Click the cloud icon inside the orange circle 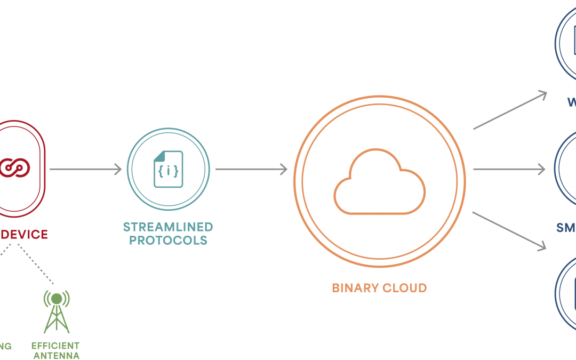click(x=380, y=181)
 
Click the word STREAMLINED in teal click(x=168, y=227)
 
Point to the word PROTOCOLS click(x=168, y=240)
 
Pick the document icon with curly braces click(x=168, y=169)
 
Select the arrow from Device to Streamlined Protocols click(x=85, y=169)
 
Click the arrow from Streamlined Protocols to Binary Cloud click(x=251, y=169)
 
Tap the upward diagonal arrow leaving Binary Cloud click(x=510, y=110)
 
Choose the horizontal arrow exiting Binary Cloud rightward click(x=509, y=169)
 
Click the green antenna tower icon click(x=56, y=311)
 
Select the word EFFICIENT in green click(x=55, y=346)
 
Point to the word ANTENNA click(x=57, y=355)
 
